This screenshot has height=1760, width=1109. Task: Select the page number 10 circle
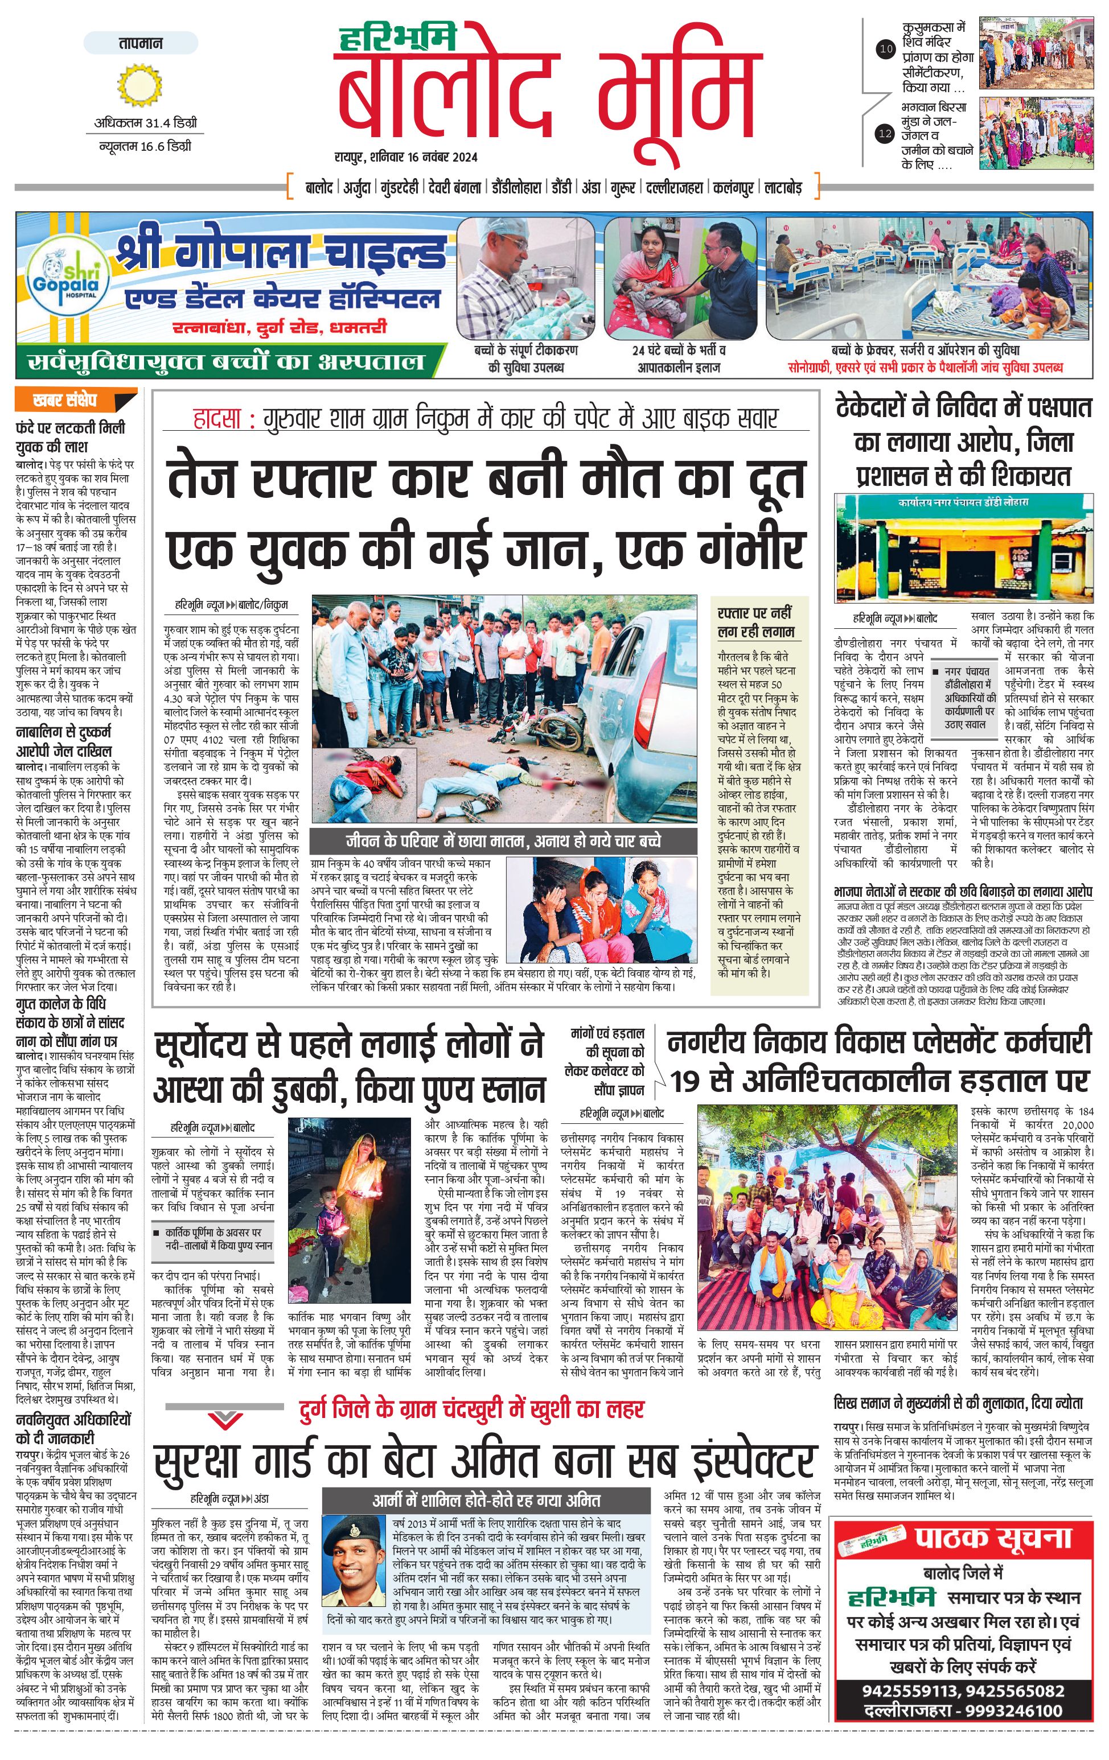click(886, 50)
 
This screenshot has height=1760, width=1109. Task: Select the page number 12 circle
click(886, 134)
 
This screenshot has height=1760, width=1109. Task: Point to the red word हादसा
click(217, 419)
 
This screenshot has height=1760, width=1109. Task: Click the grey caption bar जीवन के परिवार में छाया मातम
click(503, 840)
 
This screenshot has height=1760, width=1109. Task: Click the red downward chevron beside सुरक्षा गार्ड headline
click(225, 1419)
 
